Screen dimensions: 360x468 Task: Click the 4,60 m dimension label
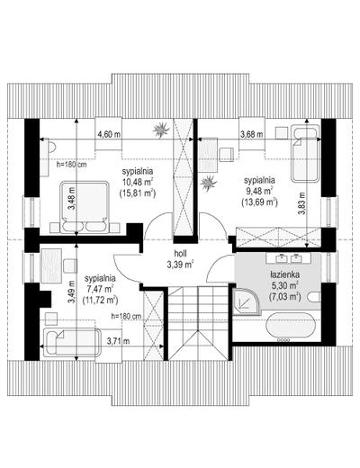(109, 134)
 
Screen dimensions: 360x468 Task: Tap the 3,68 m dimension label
(252, 134)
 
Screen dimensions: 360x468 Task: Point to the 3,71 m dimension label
(119, 341)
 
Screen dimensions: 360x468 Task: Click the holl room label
(181, 254)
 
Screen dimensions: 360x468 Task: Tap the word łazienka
(285, 274)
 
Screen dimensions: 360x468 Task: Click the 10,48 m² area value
(138, 182)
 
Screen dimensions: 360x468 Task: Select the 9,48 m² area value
(258, 191)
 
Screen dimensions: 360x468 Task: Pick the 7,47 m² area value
(101, 289)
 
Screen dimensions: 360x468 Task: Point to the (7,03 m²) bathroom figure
(285, 297)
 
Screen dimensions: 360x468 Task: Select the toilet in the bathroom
(315, 297)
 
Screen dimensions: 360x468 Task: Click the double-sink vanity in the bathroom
(289, 257)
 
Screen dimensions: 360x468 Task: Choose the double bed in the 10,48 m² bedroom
(85, 207)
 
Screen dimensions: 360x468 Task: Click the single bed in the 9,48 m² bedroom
(304, 155)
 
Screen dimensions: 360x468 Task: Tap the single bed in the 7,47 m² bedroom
(72, 343)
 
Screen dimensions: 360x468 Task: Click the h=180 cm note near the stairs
(126, 316)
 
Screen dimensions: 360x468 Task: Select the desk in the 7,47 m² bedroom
(51, 265)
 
